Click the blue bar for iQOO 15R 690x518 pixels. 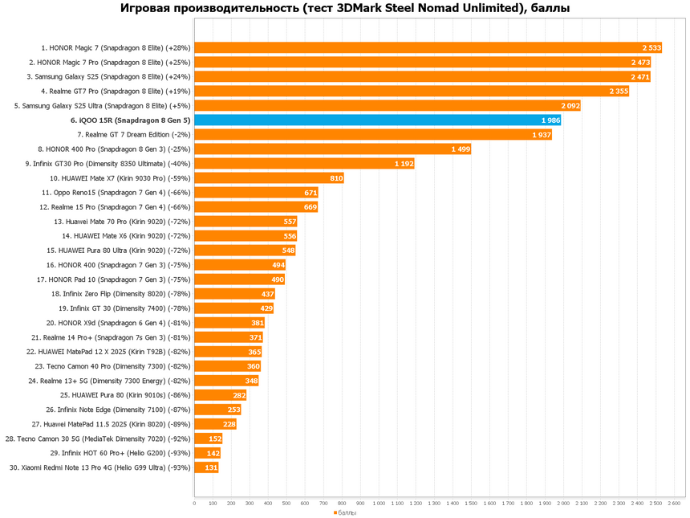(x=377, y=120)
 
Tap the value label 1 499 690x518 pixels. (x=461, y=149)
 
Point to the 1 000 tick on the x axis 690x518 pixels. (x=379, y=504)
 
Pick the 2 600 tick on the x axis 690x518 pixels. (x=674, y=504)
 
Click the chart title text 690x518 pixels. (x=344, y=10)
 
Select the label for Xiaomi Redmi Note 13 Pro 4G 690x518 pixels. (x=100, y=467)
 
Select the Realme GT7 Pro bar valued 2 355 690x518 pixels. (x=401, y=92)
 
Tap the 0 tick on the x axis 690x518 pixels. (x=194, y=504)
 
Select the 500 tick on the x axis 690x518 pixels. (x=286, y=504)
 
